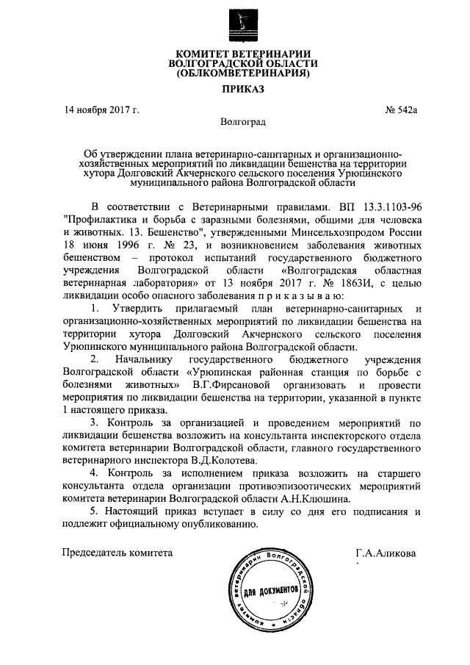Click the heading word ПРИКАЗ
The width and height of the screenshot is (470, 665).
click(243, 90)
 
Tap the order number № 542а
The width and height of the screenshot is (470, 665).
click(401, 110)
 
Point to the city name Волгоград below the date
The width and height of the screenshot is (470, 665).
click(243, 121)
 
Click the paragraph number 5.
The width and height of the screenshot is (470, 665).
click(92, 511)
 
